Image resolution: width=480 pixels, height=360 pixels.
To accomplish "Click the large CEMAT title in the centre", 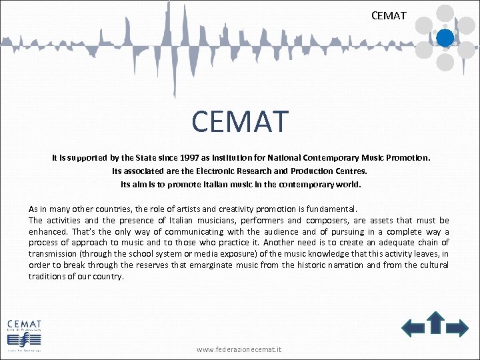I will pyautogui.click(x=240, y=121).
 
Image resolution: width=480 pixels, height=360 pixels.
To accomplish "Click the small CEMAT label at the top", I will pyautogui.click(x=389, y=14).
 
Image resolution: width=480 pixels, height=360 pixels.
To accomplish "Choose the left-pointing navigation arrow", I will pyautogui.click(x=413, y=327).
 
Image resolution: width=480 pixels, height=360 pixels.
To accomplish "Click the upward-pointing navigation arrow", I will pyautogui.click(x=436, y=323).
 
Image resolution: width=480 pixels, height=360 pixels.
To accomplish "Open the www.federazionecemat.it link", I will pyautogui.click(x=239, y=349).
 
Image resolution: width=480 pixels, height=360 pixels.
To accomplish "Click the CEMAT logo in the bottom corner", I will pyautogui.click(x=25, y=332).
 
